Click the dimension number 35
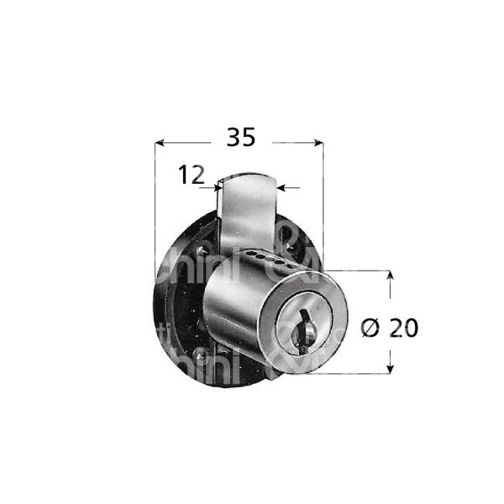pos(241,139)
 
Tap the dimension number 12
pos(192,176)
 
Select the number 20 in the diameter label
pos(405,328)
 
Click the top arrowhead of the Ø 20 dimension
pos(391,276)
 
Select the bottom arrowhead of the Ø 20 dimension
pos(391,368)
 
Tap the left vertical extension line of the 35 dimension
pos(156,210)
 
